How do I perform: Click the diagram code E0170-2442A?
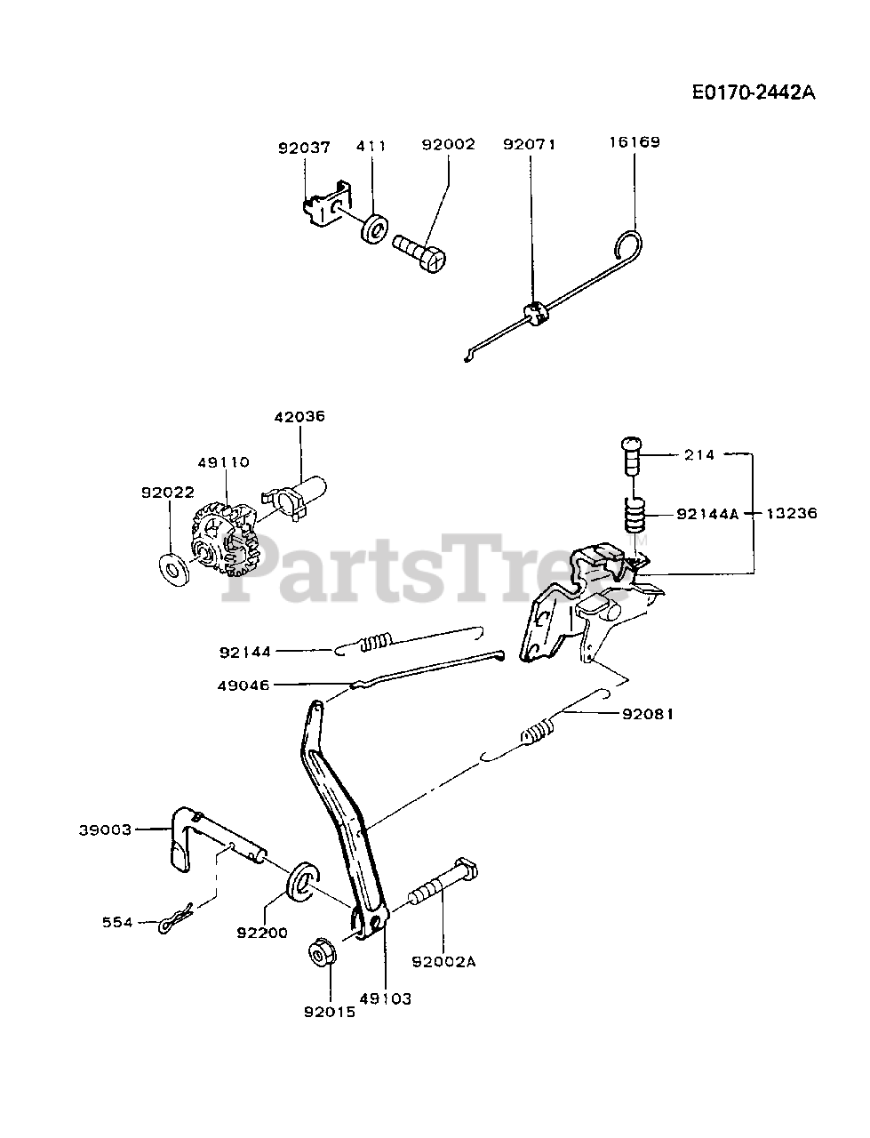click(x=753, y=93)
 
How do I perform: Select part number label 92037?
click(x=304, y=148)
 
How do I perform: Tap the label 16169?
click(x=635, y=141)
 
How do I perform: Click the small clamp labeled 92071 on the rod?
click(x=533, y=314)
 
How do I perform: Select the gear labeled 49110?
click(x=222, y=538)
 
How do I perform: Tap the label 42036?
click(x=299, y=415)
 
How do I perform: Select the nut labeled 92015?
click(x=319, y=954)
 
